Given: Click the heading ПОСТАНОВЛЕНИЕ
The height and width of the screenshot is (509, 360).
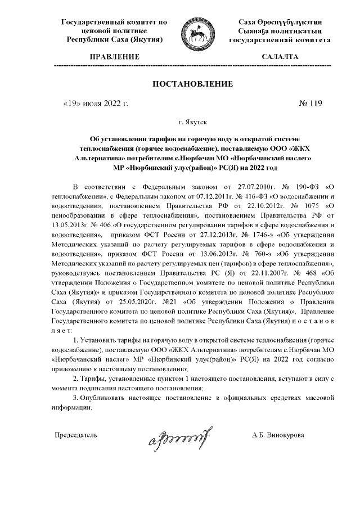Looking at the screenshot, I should click(x=193, y=84).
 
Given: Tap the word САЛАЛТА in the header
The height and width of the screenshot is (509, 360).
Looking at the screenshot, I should click(x=280, y=57).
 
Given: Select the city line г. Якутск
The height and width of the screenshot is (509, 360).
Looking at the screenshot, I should click(x=193, y=121).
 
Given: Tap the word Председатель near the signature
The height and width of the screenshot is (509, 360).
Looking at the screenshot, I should click(x=75, y=435).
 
